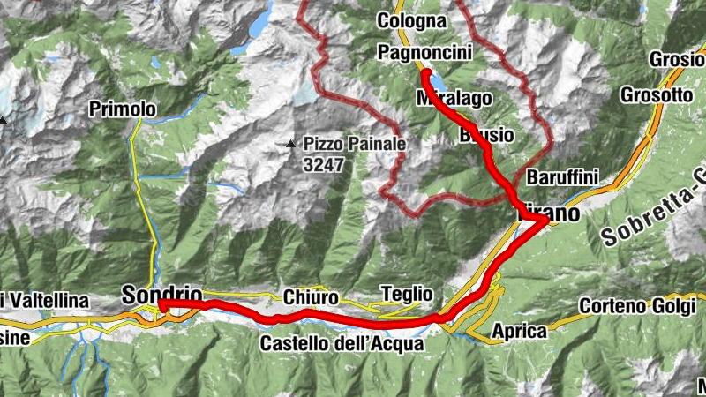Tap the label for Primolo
(x=123, y=109)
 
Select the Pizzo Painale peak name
(x=355, y=143)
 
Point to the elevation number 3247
(x=322, y=164)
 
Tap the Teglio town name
(x=406, y=294)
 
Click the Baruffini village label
(x=562, y=177)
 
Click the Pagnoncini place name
(x=424, y=53)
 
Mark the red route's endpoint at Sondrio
(x=162, y=304)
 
